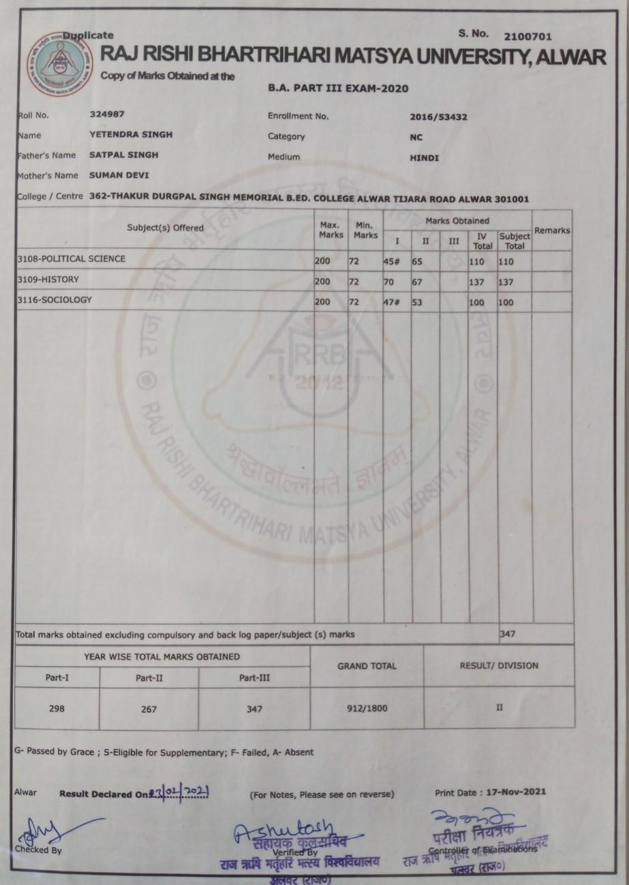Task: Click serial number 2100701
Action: coord(528,36)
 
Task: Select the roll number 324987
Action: coord(106,114)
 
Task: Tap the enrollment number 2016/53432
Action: coord(438,116)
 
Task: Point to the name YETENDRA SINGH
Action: coord(131,135)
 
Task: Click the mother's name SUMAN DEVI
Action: coord(119,176)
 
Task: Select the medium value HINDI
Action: coord(424,158)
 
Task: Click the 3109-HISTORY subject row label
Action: coord(48,280)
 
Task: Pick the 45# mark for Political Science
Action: coord(393,260)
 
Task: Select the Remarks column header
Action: coord(552,231)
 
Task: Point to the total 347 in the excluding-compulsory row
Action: coord(508,634)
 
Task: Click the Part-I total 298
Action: coord(57,708)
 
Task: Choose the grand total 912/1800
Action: coord(367,708)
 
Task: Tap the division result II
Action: coord(499,708)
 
